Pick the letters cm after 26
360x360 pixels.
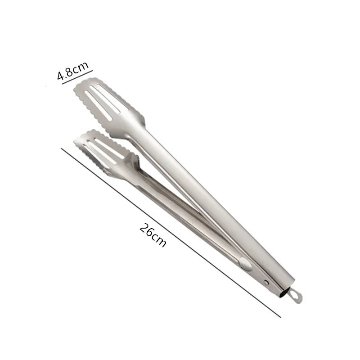tap(158, 239)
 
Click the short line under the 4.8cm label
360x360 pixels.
tap(77, 76)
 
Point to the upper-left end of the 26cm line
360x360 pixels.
tap(62, 149)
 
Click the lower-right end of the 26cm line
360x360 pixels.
tap(280, 317)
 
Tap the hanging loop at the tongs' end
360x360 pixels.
tap(295, 295)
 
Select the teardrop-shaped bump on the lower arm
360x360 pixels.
tap(246, 264)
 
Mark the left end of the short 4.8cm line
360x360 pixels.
tap(62, 83)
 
